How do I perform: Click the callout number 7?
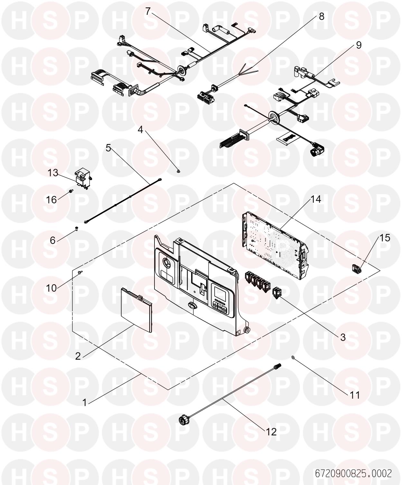(148, 11)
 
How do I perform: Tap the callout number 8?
(322, 16)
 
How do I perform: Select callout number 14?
(316, 199)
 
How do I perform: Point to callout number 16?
(51, 200)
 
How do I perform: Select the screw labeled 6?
(77, 229)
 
